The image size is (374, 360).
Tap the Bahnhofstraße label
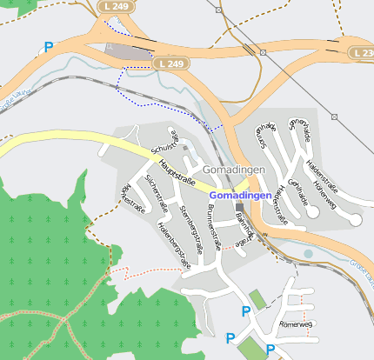point(246,230)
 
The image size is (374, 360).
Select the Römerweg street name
point(295,324)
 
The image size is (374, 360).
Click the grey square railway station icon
point(240,206)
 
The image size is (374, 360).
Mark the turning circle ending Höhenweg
point(355,221)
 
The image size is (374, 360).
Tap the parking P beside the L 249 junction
point(49,48)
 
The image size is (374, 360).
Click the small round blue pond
point(308,254)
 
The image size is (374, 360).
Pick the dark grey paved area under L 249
point(129,52)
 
